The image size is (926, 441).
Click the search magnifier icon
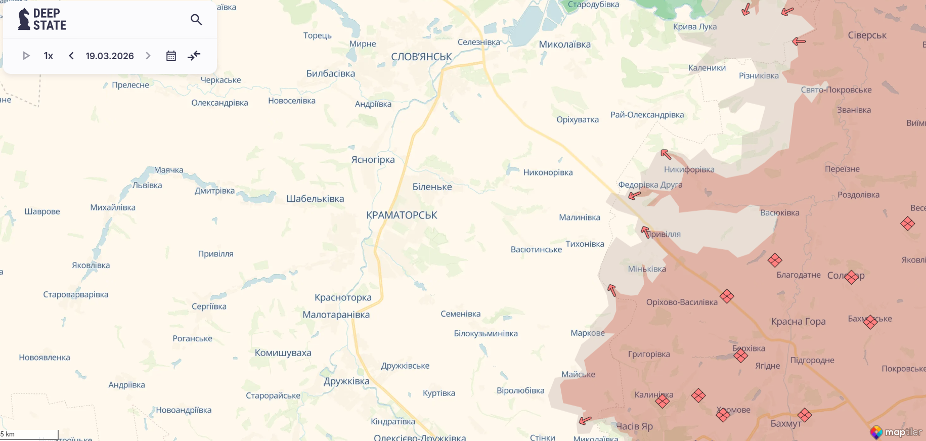196,20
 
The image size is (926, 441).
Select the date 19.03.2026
110,56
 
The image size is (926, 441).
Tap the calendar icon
171,56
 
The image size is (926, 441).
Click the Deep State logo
42,19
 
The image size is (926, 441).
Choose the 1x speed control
49,56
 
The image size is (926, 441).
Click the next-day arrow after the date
148,56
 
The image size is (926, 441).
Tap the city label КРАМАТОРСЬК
402,215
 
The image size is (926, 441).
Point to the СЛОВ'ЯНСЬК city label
421,57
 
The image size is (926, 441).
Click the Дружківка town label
346,381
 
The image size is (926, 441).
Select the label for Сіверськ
867,35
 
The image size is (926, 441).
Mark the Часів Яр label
634,426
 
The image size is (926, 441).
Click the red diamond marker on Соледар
851,277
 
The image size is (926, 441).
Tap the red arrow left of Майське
585,420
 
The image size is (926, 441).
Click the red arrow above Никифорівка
666,154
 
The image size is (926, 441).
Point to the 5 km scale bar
29,434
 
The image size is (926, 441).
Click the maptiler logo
896,432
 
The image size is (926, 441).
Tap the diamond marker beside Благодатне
774,260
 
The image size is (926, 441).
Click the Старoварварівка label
76,295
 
